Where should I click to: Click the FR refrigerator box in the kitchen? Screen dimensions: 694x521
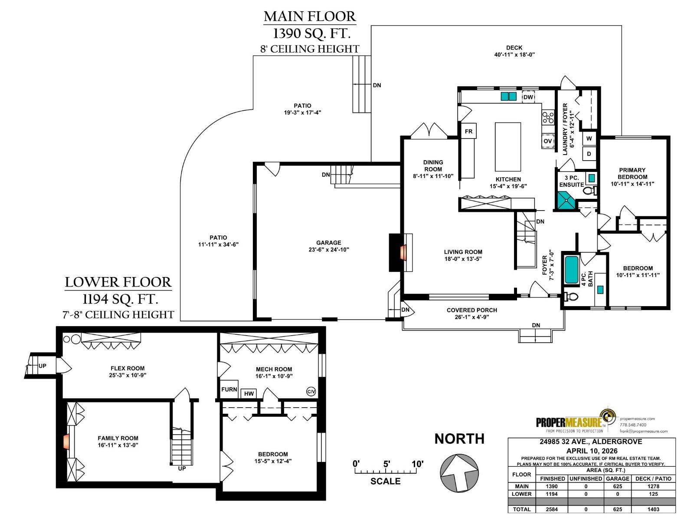click(x=468, y=131)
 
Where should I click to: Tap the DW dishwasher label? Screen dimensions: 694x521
click(x=528, y=97)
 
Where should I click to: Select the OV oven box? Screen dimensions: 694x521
click(x=548, y=141)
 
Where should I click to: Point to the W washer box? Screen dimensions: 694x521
click(x=589, y=138)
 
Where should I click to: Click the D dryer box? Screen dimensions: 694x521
click(x=589, y=154)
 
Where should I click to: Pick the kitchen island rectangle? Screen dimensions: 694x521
click(x=507, y=147)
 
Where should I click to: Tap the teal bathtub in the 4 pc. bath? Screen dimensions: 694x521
click(x=571, y=270)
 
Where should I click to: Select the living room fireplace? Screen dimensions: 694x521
click(x=401, y=252)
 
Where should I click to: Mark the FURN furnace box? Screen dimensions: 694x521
click(x=229, y=389)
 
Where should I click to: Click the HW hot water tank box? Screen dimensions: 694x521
click(x=249, y=393)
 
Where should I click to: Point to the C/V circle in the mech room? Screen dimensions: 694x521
click(x=311, y=392)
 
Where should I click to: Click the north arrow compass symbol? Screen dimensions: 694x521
click(x=459, y=473)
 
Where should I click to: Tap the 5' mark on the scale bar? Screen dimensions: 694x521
click(x=386, y=464)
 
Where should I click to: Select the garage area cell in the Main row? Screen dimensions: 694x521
click(x=617, y=486)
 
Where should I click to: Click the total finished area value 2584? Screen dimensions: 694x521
click(x=551, y=509)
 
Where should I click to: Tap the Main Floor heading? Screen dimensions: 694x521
click(x=310, y=16)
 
